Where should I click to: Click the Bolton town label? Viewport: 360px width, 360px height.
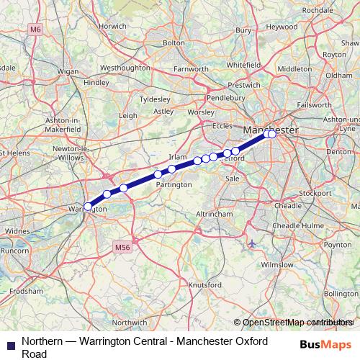pyautogui.click(x=174, y=43)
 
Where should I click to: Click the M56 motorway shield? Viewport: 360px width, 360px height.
pyautogui.click(x=122, y=247)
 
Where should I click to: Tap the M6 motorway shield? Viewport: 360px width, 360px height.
pyautogui.click(x=37, y=29)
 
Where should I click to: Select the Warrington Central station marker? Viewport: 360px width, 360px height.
pyautogui.click(x=88, y=206)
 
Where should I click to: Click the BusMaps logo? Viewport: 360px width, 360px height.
pyautogui.click(x=330, y=343)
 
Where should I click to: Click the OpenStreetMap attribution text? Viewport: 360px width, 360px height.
pyautogui.click(x=295, y=323)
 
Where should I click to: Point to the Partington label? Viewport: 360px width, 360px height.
pyautogui.click(x=174, y=184)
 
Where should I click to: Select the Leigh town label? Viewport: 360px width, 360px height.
pyautogui.click(x=128, y=115)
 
